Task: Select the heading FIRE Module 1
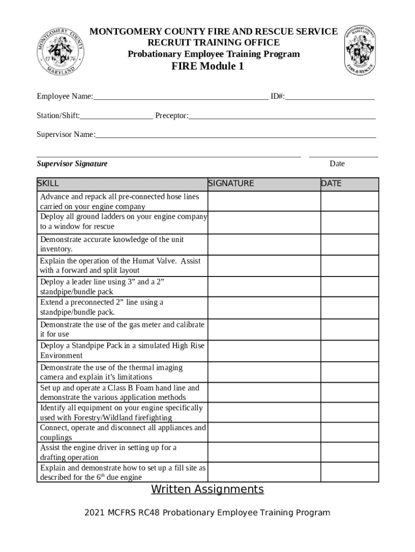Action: pyautogui.click(x=207, y=66)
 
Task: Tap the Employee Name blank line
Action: pyautogui.click(x=180, y=97)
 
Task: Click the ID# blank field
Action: pyautogui.click(x=330, y=97)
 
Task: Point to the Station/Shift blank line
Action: pyautogui.click(x=116, y=116)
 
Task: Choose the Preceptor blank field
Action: pyautogui.click(x=282, y=116)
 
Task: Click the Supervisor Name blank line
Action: pyautogui.click(x=236, y=135)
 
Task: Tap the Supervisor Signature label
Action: pyautogui.click(x=72, y=164)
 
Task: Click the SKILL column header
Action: pyautogui.click(x=48, y=183)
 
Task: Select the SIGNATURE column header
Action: pyautogui.click(x=231, y=183)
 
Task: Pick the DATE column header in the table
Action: pyautogui.click(x=331, y=183)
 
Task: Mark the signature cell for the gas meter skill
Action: pyautogui.click(x=264, y=329)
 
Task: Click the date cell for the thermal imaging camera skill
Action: pyautogui.click(x=349, y=372)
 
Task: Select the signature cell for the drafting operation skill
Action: pyautogui.click(x=264, y=452)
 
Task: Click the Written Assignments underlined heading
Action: pyautogui.click(x=207, y=489)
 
